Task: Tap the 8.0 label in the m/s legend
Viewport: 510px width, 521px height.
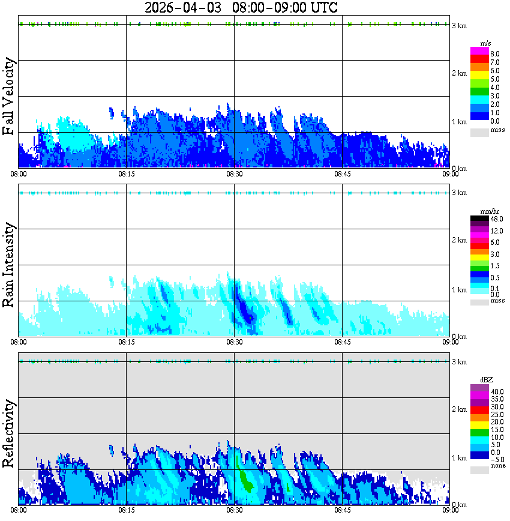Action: coord(495,54)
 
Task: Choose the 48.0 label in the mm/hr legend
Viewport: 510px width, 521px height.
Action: coord(496,219)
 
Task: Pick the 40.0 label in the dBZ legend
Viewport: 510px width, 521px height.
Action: coord(496,392)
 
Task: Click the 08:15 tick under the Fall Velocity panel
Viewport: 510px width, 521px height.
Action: coord(126,173)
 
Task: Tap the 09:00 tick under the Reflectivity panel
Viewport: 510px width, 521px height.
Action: coord(450,510)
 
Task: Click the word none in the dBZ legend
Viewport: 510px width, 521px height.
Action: coord(497,466)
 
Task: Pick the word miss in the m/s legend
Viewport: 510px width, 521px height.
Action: coord(497,130)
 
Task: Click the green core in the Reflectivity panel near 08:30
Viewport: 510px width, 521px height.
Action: coord(245,480)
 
